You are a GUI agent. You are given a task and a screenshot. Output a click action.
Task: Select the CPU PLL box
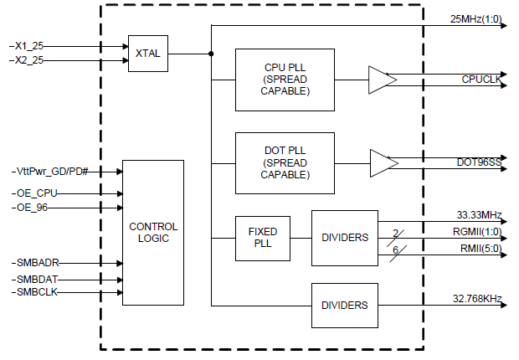285,80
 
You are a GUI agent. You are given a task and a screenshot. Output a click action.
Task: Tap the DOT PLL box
285,163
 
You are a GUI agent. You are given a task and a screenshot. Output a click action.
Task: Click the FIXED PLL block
262,237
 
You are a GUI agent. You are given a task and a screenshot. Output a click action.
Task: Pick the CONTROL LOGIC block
153,233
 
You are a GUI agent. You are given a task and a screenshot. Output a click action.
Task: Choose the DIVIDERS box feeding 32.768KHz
344,306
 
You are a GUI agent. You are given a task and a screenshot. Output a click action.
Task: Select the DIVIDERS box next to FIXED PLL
344,237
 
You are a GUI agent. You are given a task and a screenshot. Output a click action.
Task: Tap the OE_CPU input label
37,193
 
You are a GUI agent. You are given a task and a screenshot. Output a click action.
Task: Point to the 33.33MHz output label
478,215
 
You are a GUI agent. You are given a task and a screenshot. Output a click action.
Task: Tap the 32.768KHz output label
477,297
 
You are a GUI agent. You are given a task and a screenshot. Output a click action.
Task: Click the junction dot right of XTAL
210,54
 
